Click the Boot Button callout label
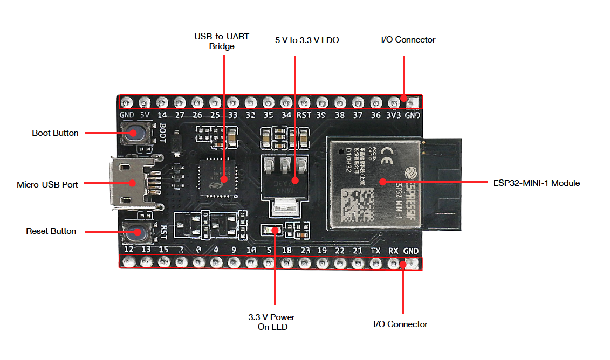click(55, 133)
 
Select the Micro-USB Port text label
click(47, 184)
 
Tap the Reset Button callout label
click(51, 231)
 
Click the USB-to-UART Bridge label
click(214, 41)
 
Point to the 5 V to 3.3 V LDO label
click(307, 40)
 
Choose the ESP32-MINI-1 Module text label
click(536, 183)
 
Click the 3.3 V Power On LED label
click(271, 322)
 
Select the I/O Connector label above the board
click(408, 40)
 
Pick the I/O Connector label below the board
click(400, 324)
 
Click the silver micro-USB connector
click(128, 183)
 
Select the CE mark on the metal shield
click(388, 151)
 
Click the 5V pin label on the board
click(144, 115)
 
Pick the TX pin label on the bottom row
click(375, 251)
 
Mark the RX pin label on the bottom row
click(393, 251)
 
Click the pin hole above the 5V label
click(144, 102)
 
